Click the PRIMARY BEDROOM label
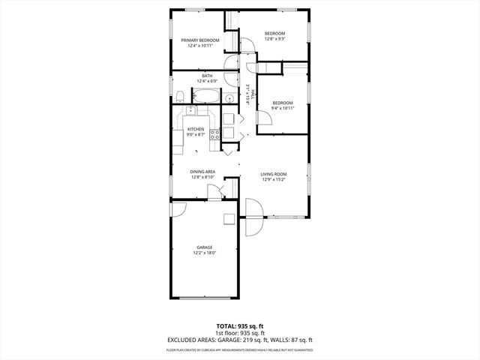[x=205, y=40]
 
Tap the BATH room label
[x=206, y=75]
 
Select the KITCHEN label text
[x=196, y=129]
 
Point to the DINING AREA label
[x=203, y=172]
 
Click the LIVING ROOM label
[x=274, y=174]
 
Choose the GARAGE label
[x=205, y=247]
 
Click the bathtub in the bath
[x=205, y=96]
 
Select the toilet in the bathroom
[x=180, y=95]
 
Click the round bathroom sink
[x=227, y=97]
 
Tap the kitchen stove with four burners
[x=214, y=135]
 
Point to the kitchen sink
[x=192, y=112]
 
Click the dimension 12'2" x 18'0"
[x=205, y=253]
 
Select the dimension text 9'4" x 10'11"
[x=283, y=108]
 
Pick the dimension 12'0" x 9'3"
[x=275, y=40]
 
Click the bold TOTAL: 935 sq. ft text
[x=239, y=325]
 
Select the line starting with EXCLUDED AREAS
[x=239, y=340]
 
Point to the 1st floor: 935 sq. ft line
[x=239, y=333]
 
